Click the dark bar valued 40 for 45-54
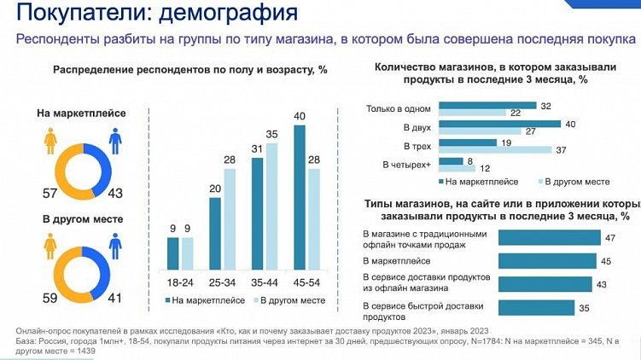point(300,196)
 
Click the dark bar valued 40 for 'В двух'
point(499,124)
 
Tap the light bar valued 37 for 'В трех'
point(495,150)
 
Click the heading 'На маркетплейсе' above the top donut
point(80,112)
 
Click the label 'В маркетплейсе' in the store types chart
point(397,261)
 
